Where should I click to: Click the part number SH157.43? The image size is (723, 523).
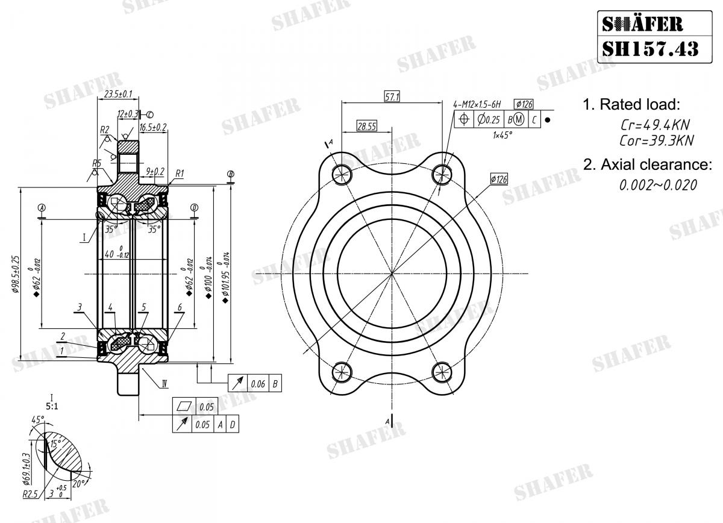(x=651, y=48)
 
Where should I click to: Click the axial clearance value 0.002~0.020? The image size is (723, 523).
(x=658, y=186)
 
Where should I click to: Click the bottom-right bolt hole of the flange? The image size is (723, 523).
(x=442, y=371)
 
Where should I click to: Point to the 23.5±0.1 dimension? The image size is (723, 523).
(x=118, y=95)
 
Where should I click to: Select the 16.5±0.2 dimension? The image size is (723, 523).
(x=153, y=128)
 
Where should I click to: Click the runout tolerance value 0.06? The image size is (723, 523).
(x=257, y=383)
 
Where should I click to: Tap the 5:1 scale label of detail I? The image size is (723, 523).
(x=52, y=406)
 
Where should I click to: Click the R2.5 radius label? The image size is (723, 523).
(x=30, y=494)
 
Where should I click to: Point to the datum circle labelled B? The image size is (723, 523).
(x=230, y=175)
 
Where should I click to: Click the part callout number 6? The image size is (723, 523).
(x=180, y=307)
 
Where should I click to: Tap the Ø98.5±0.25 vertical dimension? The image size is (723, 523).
(x=14, y=274)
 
